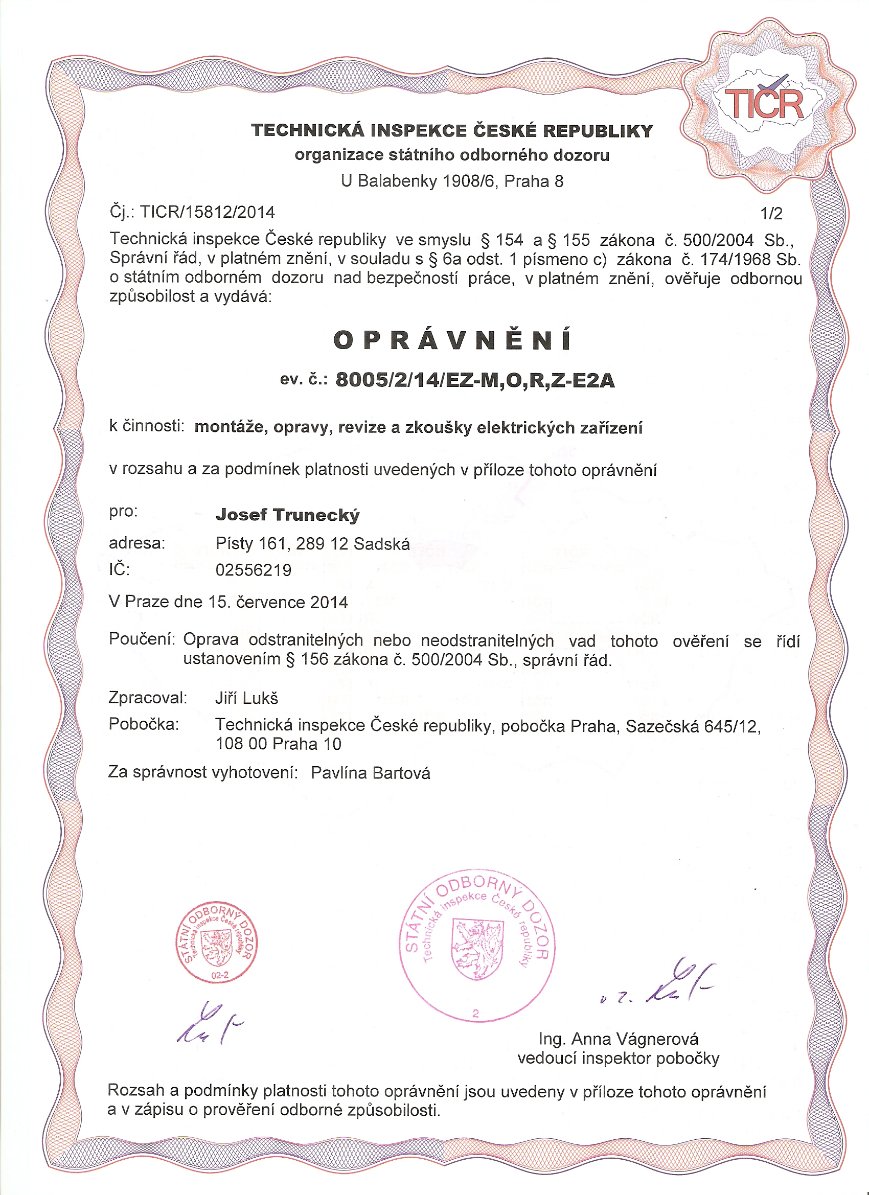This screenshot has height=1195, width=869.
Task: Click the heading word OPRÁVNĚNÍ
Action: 452,340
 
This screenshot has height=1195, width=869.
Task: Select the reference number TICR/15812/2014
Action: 208,212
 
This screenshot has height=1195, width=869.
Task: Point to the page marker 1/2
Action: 771,214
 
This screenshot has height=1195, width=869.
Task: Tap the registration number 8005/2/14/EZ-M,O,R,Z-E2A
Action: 475,380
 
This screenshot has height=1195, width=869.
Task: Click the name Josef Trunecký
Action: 287,515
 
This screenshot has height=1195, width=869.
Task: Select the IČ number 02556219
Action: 253,570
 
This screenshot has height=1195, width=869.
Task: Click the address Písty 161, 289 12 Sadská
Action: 312,543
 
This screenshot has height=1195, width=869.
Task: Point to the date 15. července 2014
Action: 278,602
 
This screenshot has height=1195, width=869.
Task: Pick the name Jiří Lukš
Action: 246,698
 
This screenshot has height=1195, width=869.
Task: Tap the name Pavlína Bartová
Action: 371,773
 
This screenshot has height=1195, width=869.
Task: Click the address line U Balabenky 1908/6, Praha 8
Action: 452,181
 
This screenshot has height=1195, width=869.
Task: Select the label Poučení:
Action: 142,639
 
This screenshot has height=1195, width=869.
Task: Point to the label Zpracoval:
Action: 148,698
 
